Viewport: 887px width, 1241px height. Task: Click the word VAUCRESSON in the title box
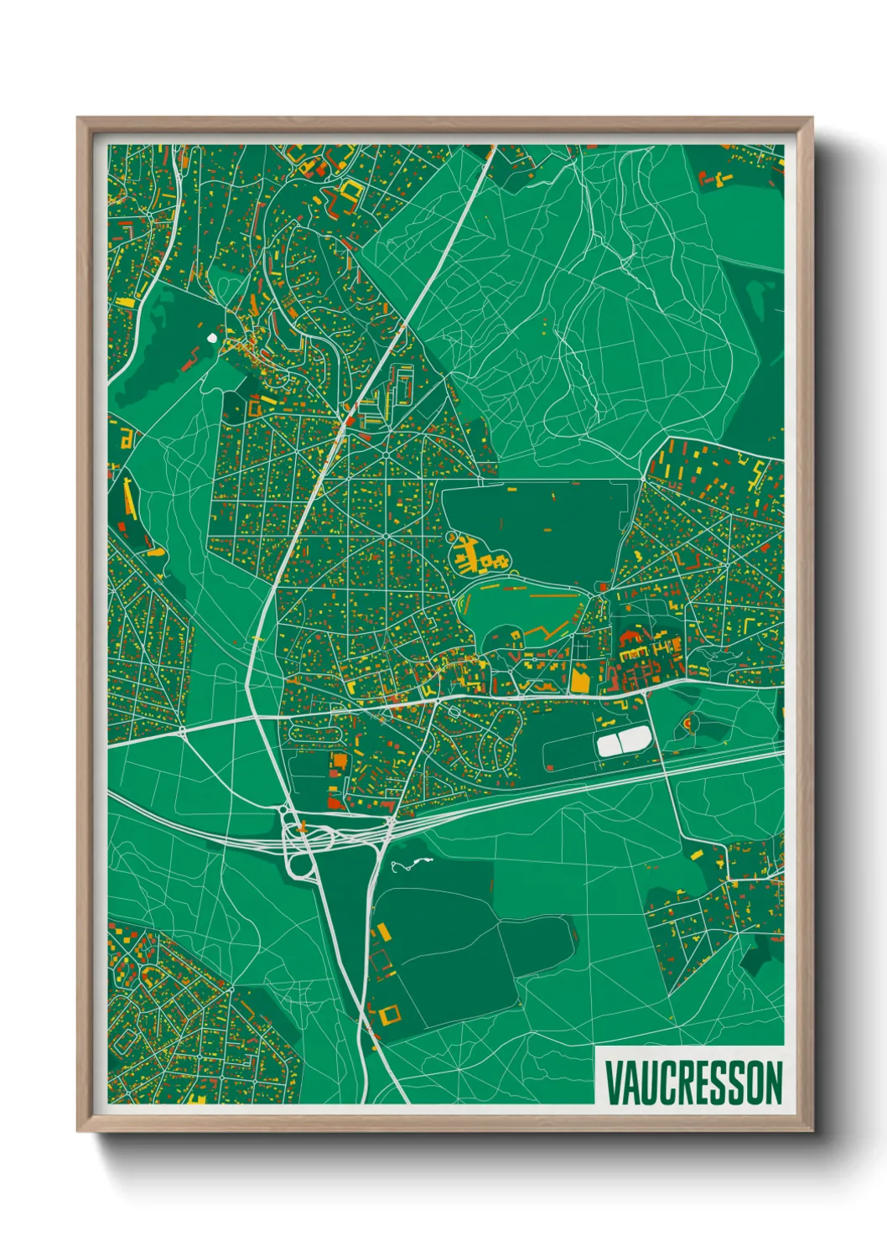tap(692, 1083)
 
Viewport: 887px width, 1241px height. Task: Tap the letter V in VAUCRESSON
tap(612, 1083)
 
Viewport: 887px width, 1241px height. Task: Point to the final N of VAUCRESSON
tap(773, 1083)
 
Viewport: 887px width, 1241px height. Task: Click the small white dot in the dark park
tap(210, 338)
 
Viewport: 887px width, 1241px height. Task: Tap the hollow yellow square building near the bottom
tap(390, 1015)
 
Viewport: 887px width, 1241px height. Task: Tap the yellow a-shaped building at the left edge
tap(126, 438)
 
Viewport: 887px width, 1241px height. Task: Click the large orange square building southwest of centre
tap(340, 761)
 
